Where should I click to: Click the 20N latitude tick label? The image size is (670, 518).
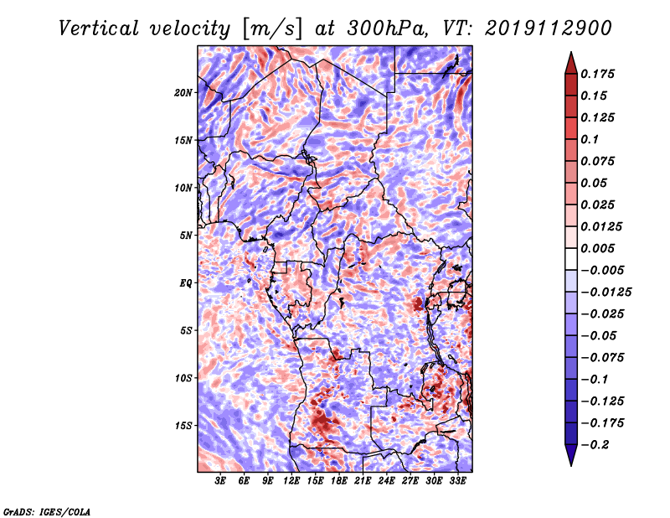click(x=183, y=93)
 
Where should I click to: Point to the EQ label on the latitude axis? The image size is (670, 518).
click(x=186, y=283)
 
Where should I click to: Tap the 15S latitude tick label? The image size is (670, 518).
click(x=183, y=426)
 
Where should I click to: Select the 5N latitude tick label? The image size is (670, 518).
click(x=186, y=236)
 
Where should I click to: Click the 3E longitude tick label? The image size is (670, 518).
click(x=220, y=481)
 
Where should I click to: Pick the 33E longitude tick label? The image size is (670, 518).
click(x=457, y=481)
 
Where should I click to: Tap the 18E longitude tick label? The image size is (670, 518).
click(x=339, y=481)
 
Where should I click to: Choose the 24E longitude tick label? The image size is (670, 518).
click(x=386, y=481)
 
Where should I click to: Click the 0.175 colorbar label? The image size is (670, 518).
click(x=598, y=74)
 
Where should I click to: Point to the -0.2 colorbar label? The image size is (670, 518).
click(x=595, y=445)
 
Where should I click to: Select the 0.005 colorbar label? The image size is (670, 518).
click(x=598, y=248)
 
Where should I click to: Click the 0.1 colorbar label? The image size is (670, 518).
click(x=590, y=139)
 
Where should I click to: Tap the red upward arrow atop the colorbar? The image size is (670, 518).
click(x=571, y=63)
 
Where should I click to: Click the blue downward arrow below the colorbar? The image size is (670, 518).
click(x=571, y=455)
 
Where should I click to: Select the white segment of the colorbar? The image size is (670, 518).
click(x=571, y=259)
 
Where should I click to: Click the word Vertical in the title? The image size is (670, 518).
click(x=99, y=28)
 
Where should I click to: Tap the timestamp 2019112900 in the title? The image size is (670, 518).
click(x=549, y=28)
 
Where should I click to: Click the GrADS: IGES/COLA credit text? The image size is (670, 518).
click(x=47, y=512)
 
